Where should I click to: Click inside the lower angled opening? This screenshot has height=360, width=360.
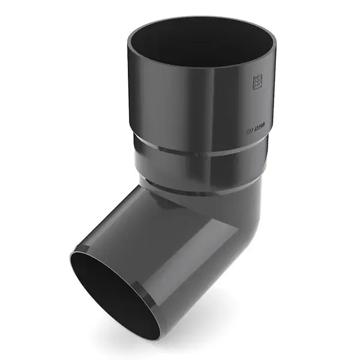click(x=120, y=294)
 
